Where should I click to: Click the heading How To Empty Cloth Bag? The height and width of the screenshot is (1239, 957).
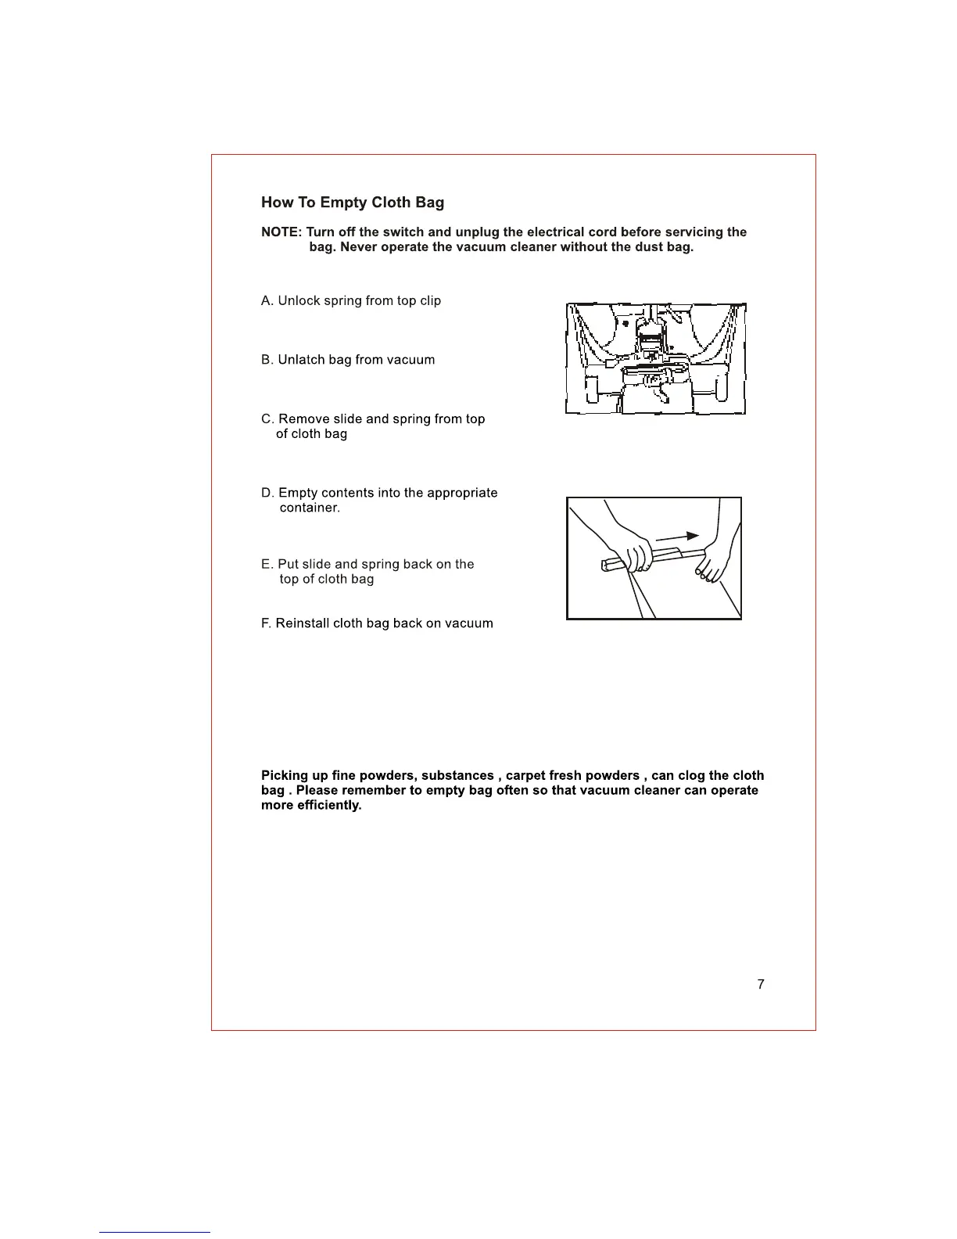pos(352,203)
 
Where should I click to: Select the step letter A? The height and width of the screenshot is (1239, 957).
pos(267,301)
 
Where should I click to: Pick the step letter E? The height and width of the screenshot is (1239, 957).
pos(266,565)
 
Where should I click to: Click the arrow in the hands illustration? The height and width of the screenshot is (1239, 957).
pos(676,537)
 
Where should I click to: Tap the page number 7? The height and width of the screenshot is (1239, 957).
pos(761,984)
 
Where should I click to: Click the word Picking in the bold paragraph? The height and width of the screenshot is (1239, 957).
pos(285,776)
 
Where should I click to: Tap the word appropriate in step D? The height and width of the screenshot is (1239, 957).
pos(460,493)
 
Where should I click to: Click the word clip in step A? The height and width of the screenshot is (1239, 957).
pos(430,301)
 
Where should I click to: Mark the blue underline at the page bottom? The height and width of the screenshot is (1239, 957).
pos(155,1232)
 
